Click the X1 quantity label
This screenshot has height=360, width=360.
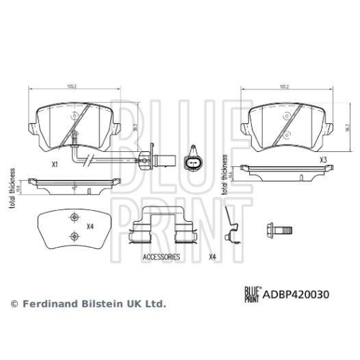pyautogui.click(x=54, y=163)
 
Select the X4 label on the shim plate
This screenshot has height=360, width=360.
pyautogui.click(x=90, y=227)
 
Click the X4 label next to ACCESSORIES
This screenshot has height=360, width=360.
pyautogui.click(x=212, y=256)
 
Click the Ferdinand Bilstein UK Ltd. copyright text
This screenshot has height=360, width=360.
pyautogui.click(x=88, y=304)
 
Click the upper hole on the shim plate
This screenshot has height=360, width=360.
pyautogui.click(x=71, y=220)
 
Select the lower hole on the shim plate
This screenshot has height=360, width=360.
pyautogui.click(x=71, y=236)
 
